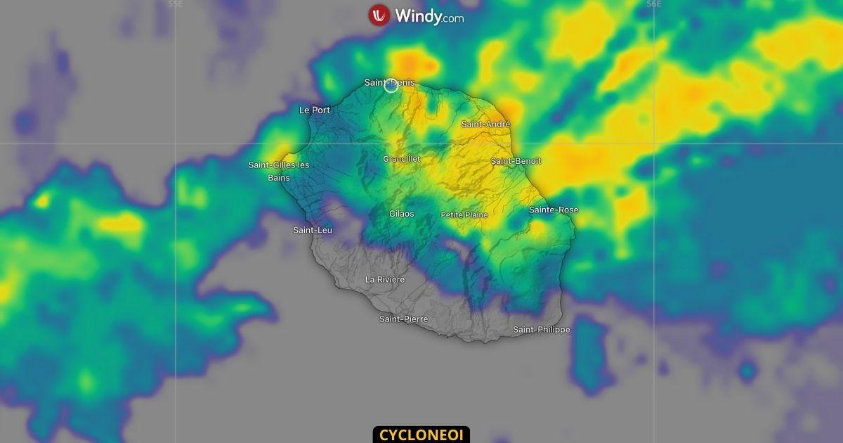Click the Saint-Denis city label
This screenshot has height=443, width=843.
tap(389, 82)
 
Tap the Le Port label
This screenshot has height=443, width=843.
tap(314, 110)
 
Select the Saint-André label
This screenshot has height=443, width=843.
tap(485, 124)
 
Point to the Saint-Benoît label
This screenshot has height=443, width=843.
tap(516, 161)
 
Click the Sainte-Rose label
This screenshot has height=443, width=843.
tap(553, 210)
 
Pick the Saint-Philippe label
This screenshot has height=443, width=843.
tap(541, 329)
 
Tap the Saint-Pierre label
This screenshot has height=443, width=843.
tap(403, 319)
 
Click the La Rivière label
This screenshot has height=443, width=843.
tap(385, 279)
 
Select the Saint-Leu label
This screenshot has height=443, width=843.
tap(313, 230)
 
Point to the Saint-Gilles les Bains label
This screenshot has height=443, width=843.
tap(279, 171)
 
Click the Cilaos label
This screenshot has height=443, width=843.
tap(402, 213)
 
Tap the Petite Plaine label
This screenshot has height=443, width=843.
tap(464, 214)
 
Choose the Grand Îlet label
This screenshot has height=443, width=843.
tap(402, 159)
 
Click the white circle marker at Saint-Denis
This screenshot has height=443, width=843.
tap(391, 86)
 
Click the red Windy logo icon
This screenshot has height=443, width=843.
tap(379, 15)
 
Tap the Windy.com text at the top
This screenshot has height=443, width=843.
tap(429, 16)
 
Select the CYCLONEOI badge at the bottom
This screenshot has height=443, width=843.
tap(421, 435)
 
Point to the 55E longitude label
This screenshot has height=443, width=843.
tap(175, 4)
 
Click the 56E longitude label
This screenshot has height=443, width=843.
tap(653, 4)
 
